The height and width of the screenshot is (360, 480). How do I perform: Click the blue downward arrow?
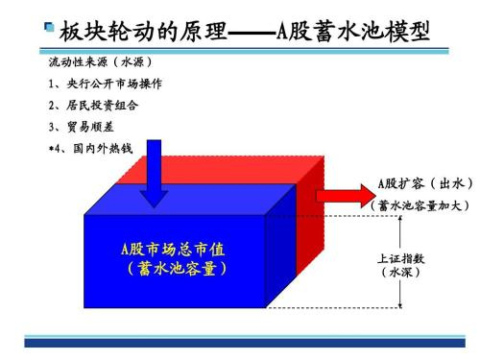pyautogui.click(x=154, y=173)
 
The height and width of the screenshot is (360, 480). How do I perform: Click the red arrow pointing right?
pyautogui.click(x=346, y=196)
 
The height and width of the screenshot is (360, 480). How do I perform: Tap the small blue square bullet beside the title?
pyautogui.click(x=49, y=27)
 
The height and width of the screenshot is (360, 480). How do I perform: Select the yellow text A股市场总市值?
pyautogui.click(x=173, y=250)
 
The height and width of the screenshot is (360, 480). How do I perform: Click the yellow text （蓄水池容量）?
pyautogui.click(x=177, y=269)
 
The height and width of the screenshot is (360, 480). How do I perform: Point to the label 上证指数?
pyautogui.click(x=401, y=258)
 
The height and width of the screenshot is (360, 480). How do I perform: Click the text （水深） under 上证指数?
pyautogui.click(x=400, y=273)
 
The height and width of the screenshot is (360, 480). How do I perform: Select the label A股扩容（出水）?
pyautogui.click(x=425, y=183)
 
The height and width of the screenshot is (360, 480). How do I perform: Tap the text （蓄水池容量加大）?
pyautogui.click(x=420, y=205)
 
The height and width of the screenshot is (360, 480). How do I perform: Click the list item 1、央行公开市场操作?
pyautogui.click(x=106, y=84)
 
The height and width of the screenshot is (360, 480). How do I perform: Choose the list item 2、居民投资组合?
pyautogui.click(x=93, y=106)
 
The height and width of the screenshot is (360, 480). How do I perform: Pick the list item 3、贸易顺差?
pyautogui.click(x=82, y=127)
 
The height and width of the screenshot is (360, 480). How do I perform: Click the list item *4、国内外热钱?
pyautogui.click(x=90, y=148)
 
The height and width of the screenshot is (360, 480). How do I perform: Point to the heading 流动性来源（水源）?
pyautogui.click(x=101, y=62)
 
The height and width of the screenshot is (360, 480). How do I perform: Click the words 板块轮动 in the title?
pyautogui.click(x=107, y=32)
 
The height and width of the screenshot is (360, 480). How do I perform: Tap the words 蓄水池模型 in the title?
pyautogui.click(x=372, y=32)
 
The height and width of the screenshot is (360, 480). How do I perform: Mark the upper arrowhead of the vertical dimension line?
pyautogui.click(x=400, y=219)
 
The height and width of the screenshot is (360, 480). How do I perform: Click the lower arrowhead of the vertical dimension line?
pyautogui.click(x=400, y=305)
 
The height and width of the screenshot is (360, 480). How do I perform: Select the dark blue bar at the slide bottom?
pyautogui.click(x=245, y=343)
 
